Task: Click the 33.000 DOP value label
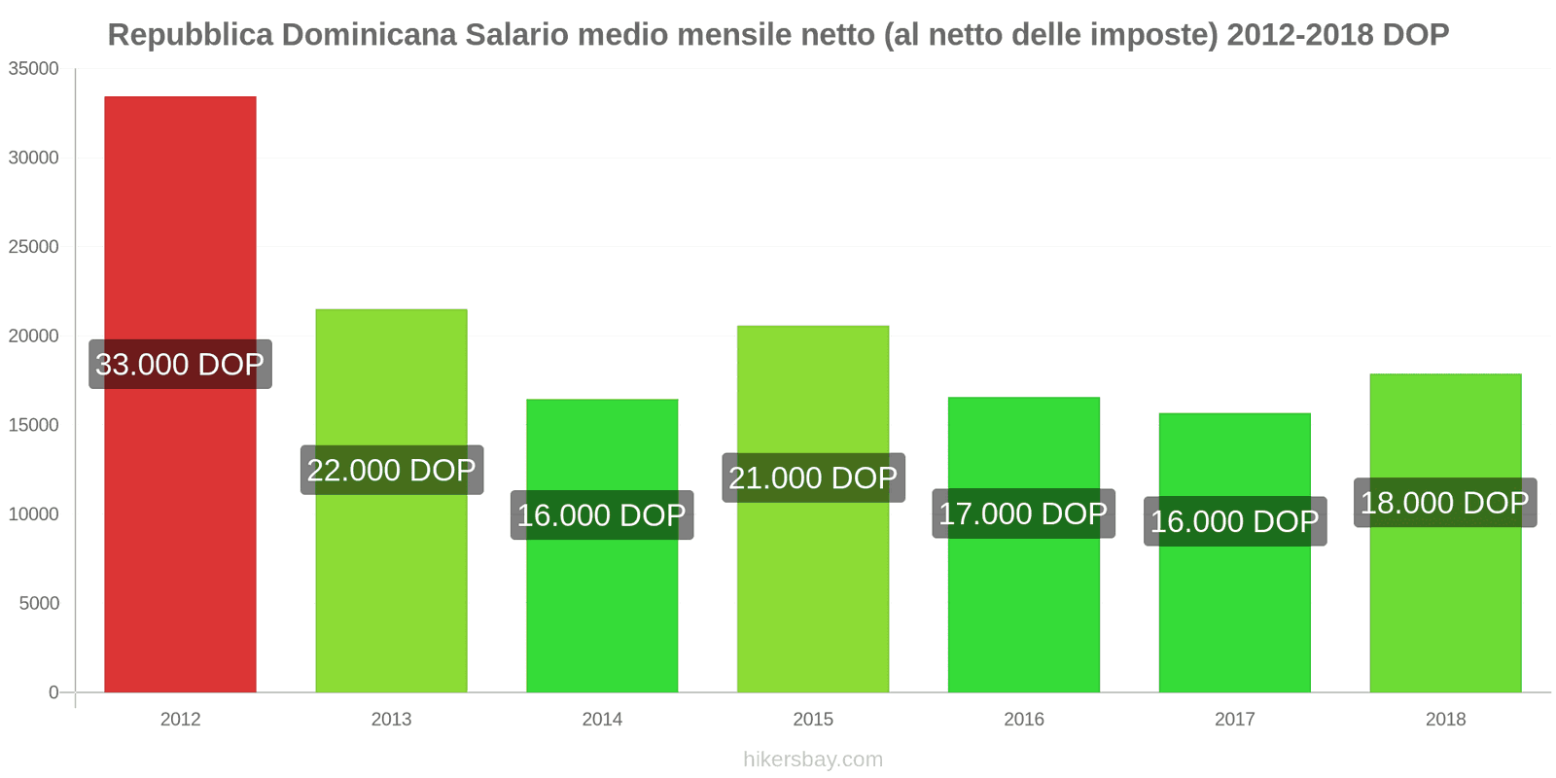click(180, 364)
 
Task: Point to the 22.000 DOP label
click(391, 470)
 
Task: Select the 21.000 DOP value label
click(813, 477)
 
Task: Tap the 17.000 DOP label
click(1023, 513)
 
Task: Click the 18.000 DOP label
click(1445, 503)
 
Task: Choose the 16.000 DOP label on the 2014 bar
click(602, 514)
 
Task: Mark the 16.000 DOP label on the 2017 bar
click(1234, 521)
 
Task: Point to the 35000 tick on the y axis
click(34, 69)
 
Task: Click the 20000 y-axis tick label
click(34, 336)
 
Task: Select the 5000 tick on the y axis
click(39, 604)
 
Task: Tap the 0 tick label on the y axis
click(53, 692)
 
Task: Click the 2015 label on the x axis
click(813, 720)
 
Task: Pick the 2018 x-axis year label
click(1445, 720)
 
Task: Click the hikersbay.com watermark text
click(813, 760)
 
